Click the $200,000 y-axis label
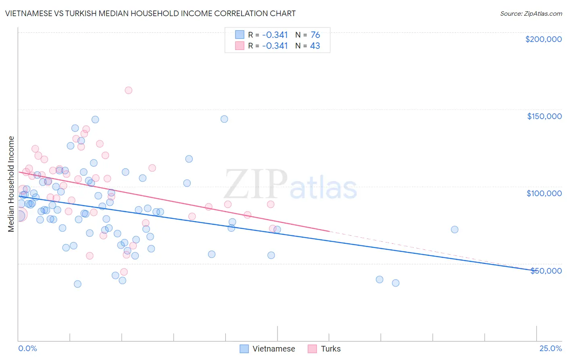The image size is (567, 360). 543,39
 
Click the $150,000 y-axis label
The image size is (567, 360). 544,116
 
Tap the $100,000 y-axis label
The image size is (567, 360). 544,193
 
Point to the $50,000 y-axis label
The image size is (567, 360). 546,271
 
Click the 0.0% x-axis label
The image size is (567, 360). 27,349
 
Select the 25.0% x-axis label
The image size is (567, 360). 550,349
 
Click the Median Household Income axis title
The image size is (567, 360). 11,184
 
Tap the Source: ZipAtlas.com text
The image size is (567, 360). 531,13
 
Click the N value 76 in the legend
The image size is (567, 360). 315,35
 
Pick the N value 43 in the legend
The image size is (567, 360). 315,46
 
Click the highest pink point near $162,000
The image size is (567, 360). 128,90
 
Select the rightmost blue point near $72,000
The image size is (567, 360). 454,230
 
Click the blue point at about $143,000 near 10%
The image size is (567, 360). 224,119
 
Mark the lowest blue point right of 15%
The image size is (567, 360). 396,283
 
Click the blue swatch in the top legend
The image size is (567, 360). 240,35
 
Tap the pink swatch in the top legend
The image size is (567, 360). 240,46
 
